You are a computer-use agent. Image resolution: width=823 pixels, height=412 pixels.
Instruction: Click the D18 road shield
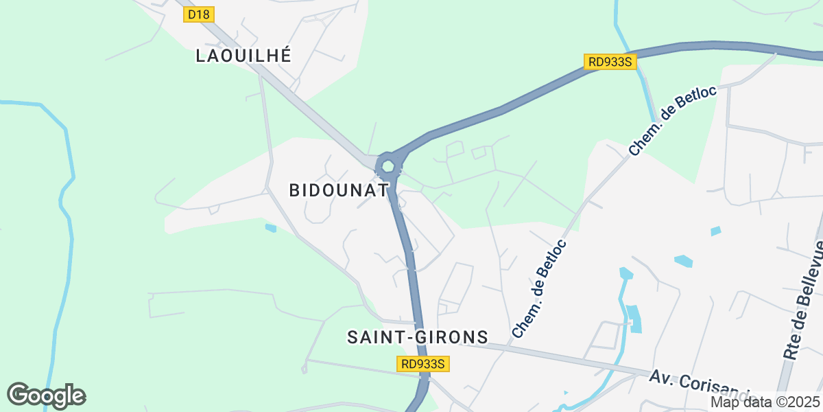pos(200,14)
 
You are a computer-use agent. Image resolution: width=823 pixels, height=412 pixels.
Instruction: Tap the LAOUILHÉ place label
pos(243,56)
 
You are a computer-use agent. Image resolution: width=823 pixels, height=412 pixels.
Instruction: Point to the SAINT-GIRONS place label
pos(417,337)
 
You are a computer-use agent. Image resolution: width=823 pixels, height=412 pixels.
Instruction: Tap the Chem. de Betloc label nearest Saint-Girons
pos(539,288)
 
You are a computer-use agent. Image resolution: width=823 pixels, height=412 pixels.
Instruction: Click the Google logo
pos(46,396)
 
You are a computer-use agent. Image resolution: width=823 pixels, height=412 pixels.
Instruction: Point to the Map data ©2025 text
pos(764,402)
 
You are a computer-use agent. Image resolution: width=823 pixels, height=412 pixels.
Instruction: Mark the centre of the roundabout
pos(388,165)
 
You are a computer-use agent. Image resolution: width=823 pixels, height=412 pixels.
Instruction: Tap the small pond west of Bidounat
pos(270,227)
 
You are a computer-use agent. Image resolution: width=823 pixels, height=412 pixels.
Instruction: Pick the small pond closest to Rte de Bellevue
pos(716,231)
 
